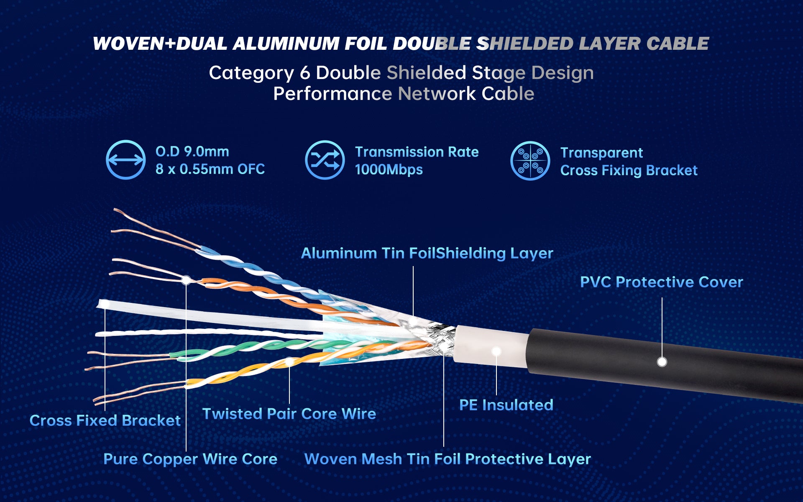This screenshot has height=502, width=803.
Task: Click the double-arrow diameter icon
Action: point(125,159)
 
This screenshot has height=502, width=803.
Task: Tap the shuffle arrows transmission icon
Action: point(325,160)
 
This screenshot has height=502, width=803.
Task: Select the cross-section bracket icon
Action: point(530,161)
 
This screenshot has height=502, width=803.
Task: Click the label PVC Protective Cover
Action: point(661,282)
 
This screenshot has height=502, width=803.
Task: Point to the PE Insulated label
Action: point(506,405)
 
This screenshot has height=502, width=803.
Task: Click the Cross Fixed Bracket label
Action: point(105,420)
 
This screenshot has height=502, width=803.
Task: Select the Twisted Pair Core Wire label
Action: point(289,414)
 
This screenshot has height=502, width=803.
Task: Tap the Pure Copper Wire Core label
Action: point(190,459)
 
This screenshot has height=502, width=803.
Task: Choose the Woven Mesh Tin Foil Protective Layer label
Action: point(448,459)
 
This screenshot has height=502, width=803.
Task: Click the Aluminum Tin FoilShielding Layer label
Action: point(427,253)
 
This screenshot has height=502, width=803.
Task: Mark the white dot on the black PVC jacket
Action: point(662,361)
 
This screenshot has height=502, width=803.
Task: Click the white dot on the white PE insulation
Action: point(496,351)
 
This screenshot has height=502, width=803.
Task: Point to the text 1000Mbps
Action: point(389,169)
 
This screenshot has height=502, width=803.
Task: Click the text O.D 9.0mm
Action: point(192,151)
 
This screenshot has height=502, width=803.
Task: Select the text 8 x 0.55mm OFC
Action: point(210,169)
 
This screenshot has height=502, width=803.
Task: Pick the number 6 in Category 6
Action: point(305,73)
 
